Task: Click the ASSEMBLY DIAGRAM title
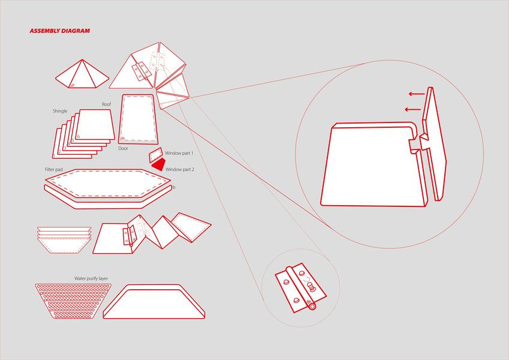coord(59,31)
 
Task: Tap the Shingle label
coord(60,111)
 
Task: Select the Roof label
coord(107,104)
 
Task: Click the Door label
coord(124,148)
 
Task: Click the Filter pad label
coord(54,170)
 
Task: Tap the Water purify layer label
coord(91,278)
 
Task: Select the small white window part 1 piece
coord(156,154)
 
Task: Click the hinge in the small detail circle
coord(300,289)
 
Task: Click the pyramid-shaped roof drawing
coord(82,75)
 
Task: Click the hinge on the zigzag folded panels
coord(128,235)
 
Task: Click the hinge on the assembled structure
coord(141,71)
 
